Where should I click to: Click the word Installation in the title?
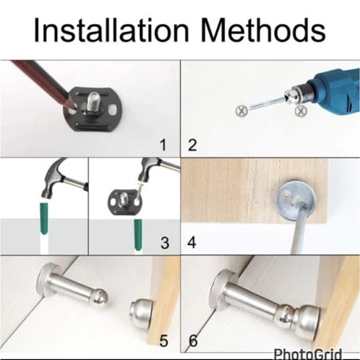pyautogui.click(x=111, y=30)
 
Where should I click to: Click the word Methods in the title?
pyautogui.click(x=263, y=30)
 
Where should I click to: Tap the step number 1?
pyautogui.click(x=163, y=145)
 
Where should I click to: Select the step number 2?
pyautogui.click(x=192, y=145)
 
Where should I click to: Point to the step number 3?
pyautogui.click(x=165, y=243)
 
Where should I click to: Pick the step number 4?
pyautogui.click(x=192, y=242)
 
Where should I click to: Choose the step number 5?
pyautogui.click(x=164, y=341)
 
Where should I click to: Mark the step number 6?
pyautogui.click(x=194, y=341)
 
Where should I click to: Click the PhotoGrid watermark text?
pyautogui.click(x=307, y=354)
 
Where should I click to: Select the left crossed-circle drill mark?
pyautogui.click(x=242, y=110)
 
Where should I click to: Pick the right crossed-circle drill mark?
pyautogui.click(x=301, y=110)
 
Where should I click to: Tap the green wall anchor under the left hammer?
pyautogui.click(x=44, y=218)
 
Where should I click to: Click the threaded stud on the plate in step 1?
pyautogui.click(x=93, y=102)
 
